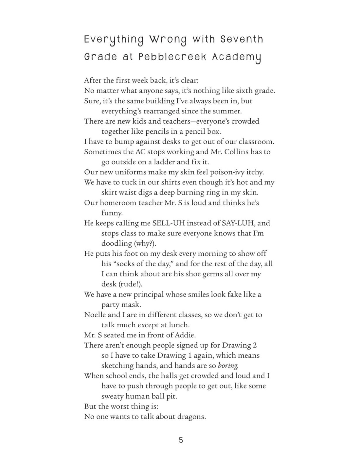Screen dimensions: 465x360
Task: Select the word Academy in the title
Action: point(237,57)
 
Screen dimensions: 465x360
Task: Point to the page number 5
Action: point(181,440)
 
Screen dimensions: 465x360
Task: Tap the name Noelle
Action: point(95,315)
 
